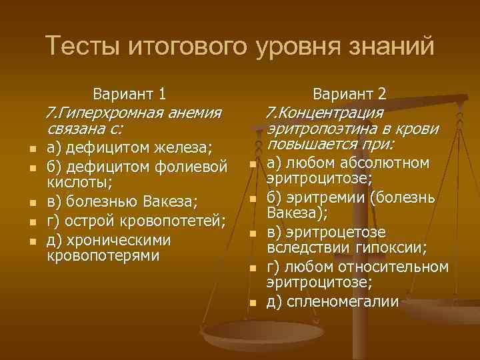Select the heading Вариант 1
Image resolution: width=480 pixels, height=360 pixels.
(130, 94)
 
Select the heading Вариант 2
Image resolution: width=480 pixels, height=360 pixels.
(350, 94)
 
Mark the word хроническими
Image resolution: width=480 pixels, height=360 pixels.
(119, 239)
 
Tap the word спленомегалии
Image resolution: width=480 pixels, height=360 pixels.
(341, 301)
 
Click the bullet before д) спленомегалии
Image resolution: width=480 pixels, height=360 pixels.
(253, 303)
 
